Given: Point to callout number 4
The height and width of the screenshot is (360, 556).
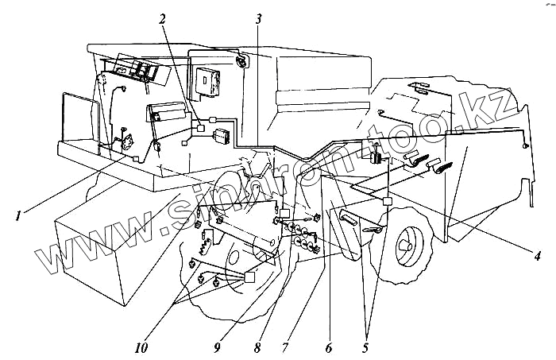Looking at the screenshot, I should pos(537,257).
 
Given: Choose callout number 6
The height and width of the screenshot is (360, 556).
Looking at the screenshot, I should pos(329,346).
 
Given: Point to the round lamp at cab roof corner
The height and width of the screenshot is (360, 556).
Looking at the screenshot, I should pos(239,60).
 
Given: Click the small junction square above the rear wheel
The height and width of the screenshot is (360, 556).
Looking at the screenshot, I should pos(388,202).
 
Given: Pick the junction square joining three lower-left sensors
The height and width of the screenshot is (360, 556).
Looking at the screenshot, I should pos(250,277).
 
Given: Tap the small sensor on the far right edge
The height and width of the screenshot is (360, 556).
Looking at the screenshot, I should pos(525,148).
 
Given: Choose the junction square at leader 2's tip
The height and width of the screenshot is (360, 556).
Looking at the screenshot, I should pos(201,128).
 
